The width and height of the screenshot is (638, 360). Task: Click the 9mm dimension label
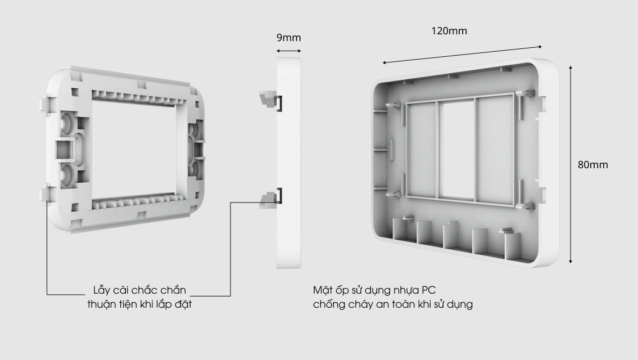click(288, 38)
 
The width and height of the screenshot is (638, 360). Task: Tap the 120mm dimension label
click(449, 31)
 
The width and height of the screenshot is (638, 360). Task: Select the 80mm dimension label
click(593, 164)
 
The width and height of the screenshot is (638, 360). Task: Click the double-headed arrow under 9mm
click(288, 51)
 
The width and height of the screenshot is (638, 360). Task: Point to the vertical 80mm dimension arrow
click(571, 164)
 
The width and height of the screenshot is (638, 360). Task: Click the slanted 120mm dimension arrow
click(462, 55)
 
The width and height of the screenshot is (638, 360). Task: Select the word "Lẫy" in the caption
click(102, 290)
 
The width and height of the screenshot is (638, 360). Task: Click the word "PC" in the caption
click(428, 290)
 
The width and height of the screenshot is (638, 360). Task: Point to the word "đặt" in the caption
click(183, 304)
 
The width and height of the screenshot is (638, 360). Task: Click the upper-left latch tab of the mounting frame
click(46, 103)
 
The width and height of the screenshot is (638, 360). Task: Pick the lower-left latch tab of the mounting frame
click(46, 193)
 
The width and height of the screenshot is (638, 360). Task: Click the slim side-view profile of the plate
click(289, 163)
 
